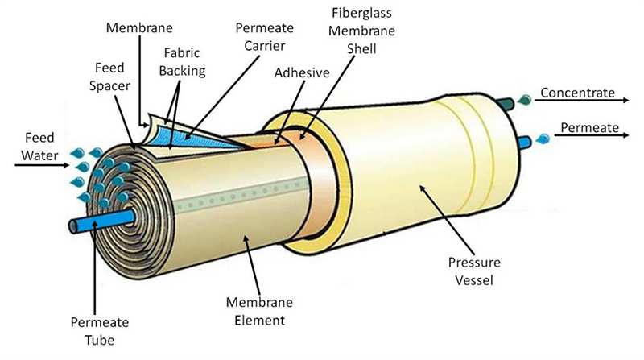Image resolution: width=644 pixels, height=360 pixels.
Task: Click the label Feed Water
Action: pyautogui.click(x=39, y=147)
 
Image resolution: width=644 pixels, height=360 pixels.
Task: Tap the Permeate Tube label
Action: pyautogui.click(x=99, y=331)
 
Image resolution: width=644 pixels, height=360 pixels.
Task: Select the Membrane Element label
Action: pyautogui.click(x=259, y=311)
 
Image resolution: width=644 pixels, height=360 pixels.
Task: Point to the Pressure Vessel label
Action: pyautogui.click(x=474, y=271)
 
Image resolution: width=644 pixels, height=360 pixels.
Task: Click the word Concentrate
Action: pyautogui.click(x=577, y=93)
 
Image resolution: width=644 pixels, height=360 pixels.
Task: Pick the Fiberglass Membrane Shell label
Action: pyautogui.click(x=361, y=31)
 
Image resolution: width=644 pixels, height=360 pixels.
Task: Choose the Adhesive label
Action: pyautogui.click(x=302, y=72)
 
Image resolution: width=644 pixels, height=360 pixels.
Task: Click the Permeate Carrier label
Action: pyautogui.click(x=265, y=36)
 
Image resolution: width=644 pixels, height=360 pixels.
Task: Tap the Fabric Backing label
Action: pyautogui.click(x=182, y=62)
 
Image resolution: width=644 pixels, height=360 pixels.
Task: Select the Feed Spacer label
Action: pyautogui.click(x=109, y=77)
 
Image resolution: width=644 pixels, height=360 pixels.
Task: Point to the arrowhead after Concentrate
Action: pyautogui.click(x=625, y=100)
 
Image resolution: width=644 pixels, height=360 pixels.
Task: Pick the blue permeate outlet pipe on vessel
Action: pyautogui.click(x=525, y=143)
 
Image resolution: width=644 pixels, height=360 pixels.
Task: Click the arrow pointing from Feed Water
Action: pyautogui.click(x=42, y=165)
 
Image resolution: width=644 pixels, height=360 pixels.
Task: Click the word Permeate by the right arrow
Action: pyautogui.click(x=589, y=128)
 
